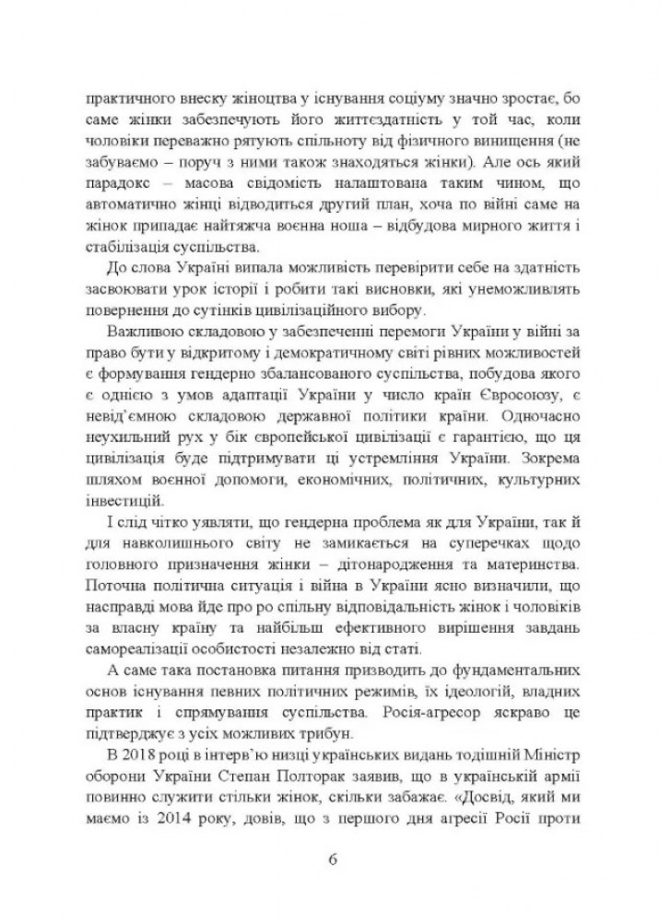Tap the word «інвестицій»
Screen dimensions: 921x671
click(119, 503)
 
